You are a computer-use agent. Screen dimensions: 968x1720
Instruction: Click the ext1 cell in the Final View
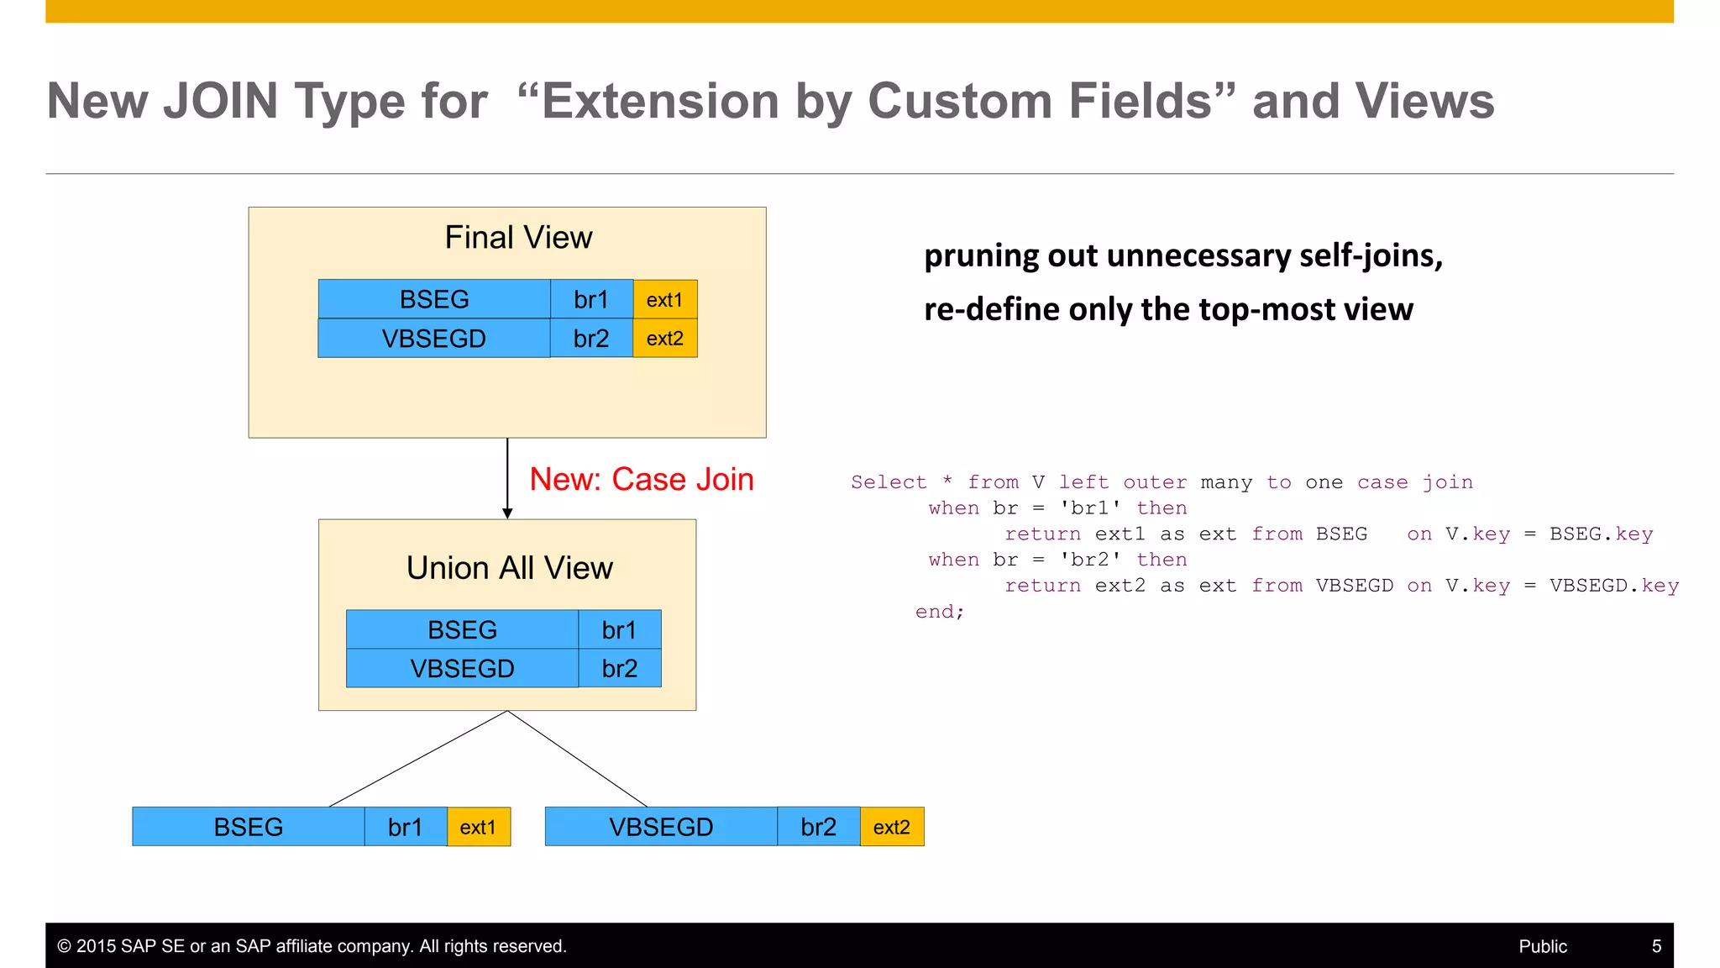pyautogui.click(x=664, y=300)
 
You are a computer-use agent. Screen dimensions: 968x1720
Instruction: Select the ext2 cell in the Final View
pyautogui.click(x=664, y=339)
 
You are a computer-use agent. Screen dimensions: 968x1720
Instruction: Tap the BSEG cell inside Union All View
pyautogui.click(x=462, y=629)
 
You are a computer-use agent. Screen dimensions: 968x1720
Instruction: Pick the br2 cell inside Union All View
pyautogui.click(x=620, y=668)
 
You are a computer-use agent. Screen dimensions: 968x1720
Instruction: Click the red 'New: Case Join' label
pyautogui.click(x=642, y=480)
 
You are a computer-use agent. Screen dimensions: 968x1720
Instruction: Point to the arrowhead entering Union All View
pyautogui.click(x=507, y=513)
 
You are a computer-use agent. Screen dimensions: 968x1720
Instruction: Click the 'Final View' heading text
pyautogui.click(x=518, y=238)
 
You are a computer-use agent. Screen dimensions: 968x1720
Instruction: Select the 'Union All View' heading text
pyautogui.click(x=509, y=568)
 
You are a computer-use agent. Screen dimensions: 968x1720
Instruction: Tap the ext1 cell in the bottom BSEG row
pyautogui.click(x=478, y=827)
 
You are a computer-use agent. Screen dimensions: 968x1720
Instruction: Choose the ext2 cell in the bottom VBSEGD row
pyautogui.click(x=891, y=827)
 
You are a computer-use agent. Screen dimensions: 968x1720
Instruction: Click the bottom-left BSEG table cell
pyautogui.click(x=249, y=827)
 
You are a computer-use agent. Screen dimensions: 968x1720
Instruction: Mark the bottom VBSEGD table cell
pyautogui.click(x=661, y=827)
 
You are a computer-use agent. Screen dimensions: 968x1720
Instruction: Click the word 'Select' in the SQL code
pyautogui.click(x=889, y=482)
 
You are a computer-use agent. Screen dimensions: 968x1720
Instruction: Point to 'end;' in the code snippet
pyautogui.click(x=940, y=612)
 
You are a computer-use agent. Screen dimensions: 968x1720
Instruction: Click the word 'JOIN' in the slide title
pyautogui.click(x=220, y=101)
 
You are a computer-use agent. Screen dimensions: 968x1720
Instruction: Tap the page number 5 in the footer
pyautogui.click(x=1656, y=946)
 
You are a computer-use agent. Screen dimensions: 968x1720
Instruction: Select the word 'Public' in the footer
pyautogui.click(x=1543, y=946)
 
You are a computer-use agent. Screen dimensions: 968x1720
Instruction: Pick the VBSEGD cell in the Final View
pyautogui.click(x=433, y=339)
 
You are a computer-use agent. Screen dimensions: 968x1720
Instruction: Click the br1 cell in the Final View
pyautogui.click(x=591, y=300)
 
